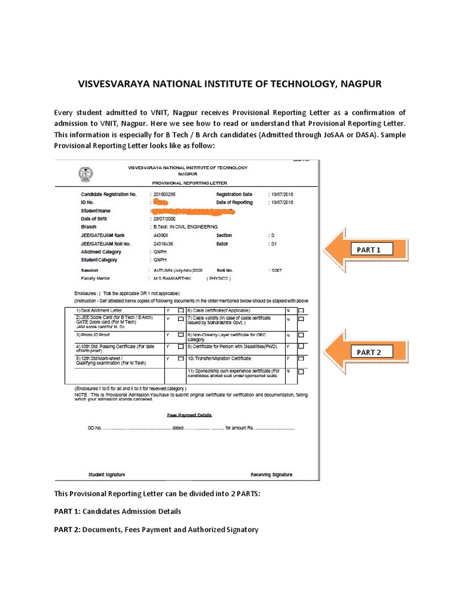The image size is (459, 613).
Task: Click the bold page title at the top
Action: click(x=229, y=84)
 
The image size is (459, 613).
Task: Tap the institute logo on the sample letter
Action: click(x=86, y=174)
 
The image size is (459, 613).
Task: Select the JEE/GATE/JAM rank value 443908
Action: click(x=162, y=236)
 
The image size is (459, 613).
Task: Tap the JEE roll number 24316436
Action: click(x=163, y=244)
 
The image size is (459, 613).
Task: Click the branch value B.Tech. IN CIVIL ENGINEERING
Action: click(x=185, y=227)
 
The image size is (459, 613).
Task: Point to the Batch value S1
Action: click(x=274, y=244)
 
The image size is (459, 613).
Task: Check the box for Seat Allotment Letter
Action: click(x=180, y=311)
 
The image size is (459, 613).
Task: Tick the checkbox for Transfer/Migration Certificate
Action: click(x=301, y=359)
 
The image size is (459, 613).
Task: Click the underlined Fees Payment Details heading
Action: click(x=189, y=415)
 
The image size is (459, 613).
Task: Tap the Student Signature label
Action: click(x=107, y=475)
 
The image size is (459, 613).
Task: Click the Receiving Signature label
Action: click(x=271, y=475)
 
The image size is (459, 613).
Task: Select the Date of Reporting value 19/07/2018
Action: click(x=282, y=203)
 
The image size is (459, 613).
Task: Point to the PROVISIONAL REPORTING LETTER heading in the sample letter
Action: click(x=189, y=183)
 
